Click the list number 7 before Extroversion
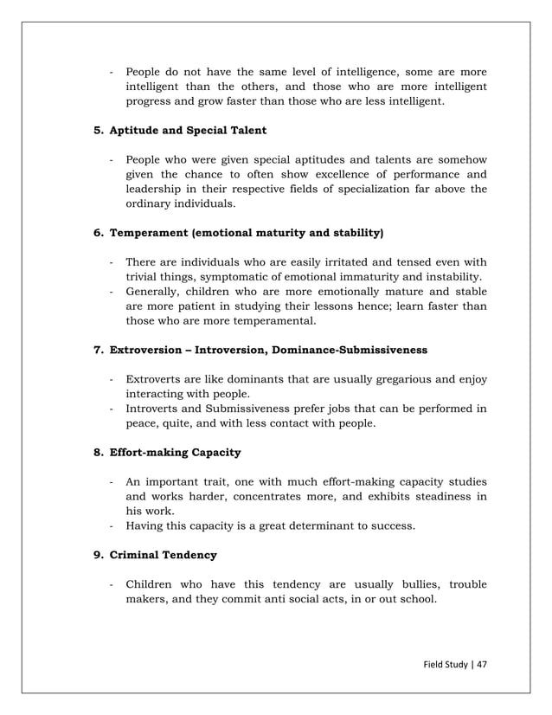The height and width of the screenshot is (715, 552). (x=97, y=350)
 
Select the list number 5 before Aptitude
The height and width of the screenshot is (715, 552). (x=97, y=130)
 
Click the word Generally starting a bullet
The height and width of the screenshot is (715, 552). (x=154, y=292)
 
